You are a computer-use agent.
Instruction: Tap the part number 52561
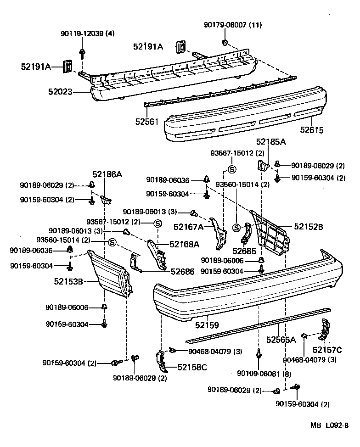tap(146, 121)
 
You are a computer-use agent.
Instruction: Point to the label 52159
tap(207, 325)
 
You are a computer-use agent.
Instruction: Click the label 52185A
tap(271, 142)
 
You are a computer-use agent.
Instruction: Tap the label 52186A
tap(107, 174)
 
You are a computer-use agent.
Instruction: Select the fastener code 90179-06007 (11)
tap(233, 25)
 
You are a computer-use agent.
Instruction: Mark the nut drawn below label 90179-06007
tap(224, 43)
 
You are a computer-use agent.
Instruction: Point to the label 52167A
tap(189, 226)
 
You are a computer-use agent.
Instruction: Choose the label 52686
tap(183, 272)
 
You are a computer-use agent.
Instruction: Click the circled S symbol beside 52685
tap(236, 227)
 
